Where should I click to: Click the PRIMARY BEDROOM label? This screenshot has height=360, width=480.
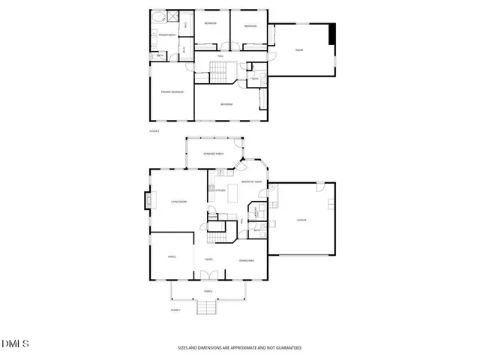tap(172, 91)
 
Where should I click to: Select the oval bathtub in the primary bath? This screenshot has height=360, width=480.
tap(158, 17)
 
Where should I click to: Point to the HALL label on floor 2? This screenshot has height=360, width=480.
tap(220, 56)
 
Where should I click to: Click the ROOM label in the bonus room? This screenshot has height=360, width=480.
tap(298, 50)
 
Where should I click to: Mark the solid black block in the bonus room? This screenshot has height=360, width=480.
tap(333, 34)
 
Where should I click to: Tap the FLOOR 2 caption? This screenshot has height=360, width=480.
tap(154, 131)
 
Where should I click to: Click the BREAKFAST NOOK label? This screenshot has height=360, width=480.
tap(251, 181)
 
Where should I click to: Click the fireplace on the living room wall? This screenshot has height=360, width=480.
tap(147, 200)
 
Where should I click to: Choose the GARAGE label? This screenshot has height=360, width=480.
tap(301, 220)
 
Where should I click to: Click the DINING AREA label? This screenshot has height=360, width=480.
tap(246, 260)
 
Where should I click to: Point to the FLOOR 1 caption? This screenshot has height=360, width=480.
tap(175, 310)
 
